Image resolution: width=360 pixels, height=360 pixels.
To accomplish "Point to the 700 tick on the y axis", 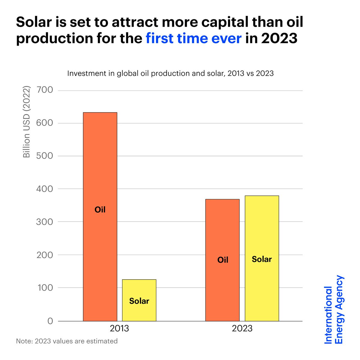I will pos(44,90).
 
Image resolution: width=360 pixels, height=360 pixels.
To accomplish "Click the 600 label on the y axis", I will pos(44,123).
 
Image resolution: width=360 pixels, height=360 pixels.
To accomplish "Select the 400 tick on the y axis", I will pos(44,189).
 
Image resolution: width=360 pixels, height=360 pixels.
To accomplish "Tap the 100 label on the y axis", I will pos(44,288).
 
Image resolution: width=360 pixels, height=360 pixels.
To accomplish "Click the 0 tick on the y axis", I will pos(50,321).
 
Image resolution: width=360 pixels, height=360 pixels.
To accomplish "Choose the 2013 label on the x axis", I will pos(119,328).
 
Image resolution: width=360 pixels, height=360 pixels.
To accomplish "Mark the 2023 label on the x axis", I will pos(242,328).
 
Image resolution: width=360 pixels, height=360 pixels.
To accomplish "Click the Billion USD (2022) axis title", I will pos(27,122).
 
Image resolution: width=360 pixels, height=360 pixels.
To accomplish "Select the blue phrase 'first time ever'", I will pos(193,38).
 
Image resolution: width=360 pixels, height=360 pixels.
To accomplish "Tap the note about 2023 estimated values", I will pos(67,341).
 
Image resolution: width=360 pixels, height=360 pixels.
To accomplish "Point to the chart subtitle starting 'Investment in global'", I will pos(170,73).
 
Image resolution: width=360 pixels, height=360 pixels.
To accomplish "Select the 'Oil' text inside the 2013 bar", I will pos(100,210).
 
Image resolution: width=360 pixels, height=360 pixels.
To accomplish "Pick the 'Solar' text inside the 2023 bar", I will pos(262,259).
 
